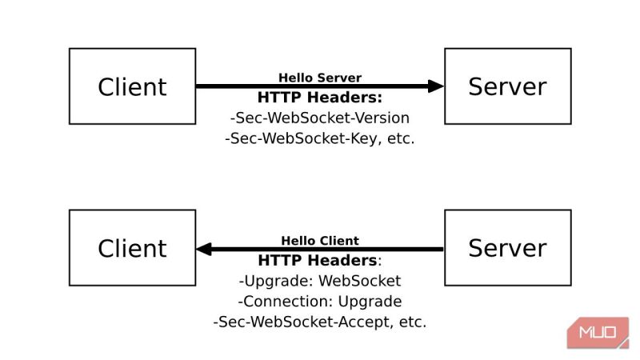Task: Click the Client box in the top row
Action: point(132,86)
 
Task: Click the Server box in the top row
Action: point(507,86)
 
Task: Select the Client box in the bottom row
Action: point(132,248)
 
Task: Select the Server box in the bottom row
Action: point(507,248)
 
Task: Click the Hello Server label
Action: point(320,78)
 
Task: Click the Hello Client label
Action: point(320,240)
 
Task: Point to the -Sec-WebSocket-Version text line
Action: point(320,118)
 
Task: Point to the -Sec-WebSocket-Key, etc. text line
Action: point(320,138)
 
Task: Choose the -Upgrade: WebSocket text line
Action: point(320,281)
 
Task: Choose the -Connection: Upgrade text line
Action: point(320,302)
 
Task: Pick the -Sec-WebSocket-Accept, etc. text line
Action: point(320,322)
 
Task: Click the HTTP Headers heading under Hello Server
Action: point(320,98)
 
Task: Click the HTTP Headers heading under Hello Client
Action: point(320,260)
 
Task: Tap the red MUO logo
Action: point(598,332)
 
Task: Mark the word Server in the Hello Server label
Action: point(341,78)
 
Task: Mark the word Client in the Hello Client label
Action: point(341,240)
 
